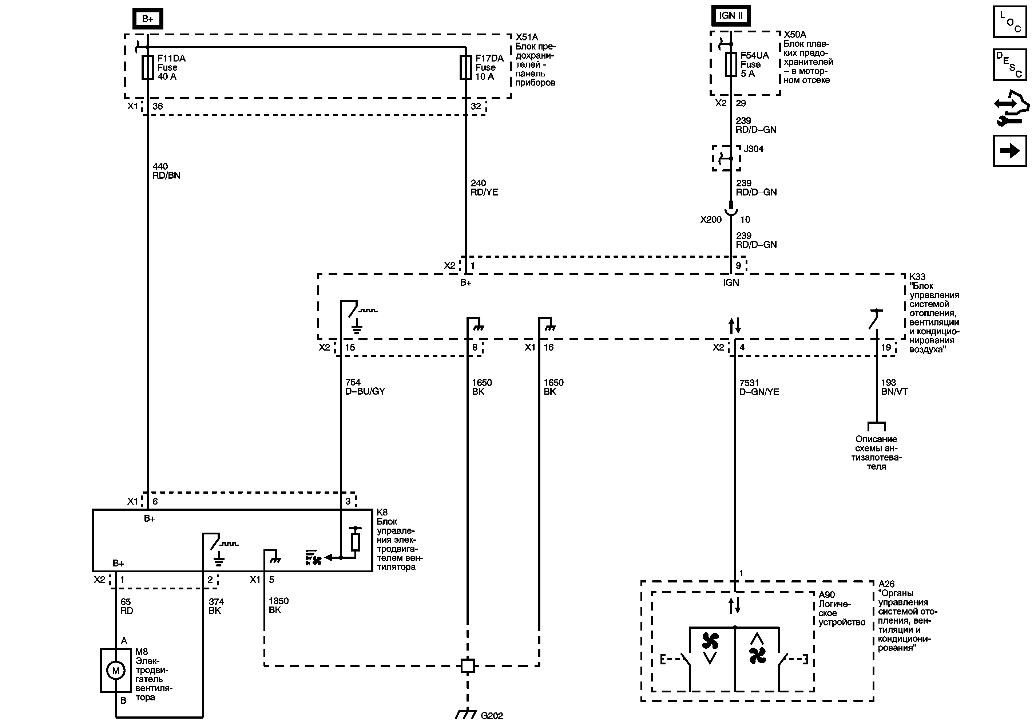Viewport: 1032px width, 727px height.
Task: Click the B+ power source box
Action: [x=147, y=19]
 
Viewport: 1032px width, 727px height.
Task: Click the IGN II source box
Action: [x=730, y=16]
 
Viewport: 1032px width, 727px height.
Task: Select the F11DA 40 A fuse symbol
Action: [x=147, y=67]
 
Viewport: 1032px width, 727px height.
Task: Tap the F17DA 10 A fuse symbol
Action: [x=466, y=67]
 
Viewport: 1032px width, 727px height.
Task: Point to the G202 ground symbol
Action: [x=467, y=714]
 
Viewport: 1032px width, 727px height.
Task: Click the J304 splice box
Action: [x=726, y=158]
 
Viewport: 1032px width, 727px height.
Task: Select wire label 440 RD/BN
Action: [x=166, y=171]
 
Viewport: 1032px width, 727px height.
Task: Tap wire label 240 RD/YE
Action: [x=484, y=188]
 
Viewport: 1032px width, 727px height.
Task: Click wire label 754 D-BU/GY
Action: [x=365, y=387]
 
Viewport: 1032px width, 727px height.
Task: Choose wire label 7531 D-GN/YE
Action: [x=759, y=387]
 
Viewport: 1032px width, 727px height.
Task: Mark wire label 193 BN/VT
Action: [x=894, y=387]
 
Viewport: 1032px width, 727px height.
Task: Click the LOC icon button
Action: [x=1009, y=21]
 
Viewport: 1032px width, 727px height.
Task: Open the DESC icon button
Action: [x=1009, y=64]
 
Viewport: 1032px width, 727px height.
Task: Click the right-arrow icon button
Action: [x=1009, y=151]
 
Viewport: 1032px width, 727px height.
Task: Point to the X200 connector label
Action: [x=711, y=220]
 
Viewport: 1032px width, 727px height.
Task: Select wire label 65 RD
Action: [x=126, y=606]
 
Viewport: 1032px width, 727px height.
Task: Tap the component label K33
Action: [x=917, y=277]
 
